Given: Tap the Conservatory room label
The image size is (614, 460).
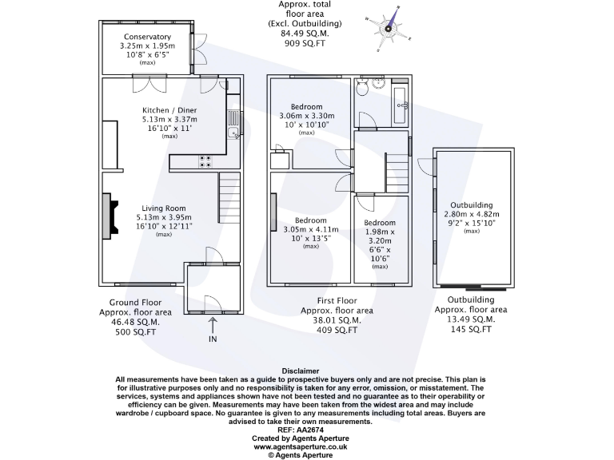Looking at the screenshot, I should pos(147,37).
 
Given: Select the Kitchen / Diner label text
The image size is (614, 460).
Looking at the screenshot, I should pos(169,110).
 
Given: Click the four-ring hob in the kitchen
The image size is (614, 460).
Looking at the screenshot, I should pos(205,161).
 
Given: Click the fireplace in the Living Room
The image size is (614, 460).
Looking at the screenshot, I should pos(105,216).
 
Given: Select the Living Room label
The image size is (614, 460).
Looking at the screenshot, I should pos(164,208).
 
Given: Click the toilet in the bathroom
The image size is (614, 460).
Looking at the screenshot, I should pos(365,89).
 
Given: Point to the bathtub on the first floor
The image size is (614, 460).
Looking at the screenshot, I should pos(401,103).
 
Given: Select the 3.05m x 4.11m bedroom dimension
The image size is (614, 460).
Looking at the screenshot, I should pos(311,229).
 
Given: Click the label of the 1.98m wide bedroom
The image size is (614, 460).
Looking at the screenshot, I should pos(380,223).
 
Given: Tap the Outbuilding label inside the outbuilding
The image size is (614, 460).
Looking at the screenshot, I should pos(471,205).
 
